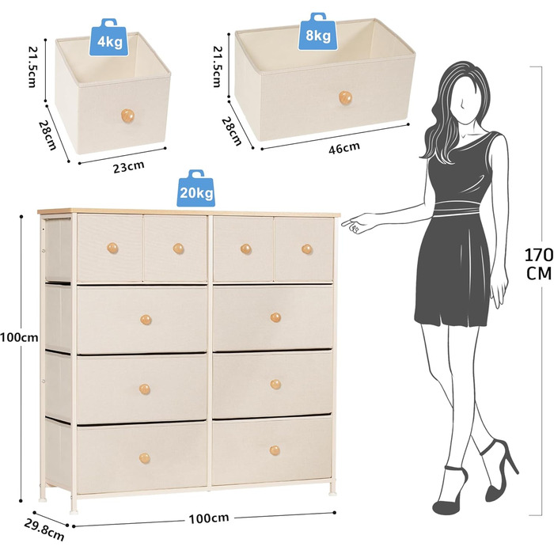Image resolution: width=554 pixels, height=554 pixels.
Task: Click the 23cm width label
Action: (x=128, y=167)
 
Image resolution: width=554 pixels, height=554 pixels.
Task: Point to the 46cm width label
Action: (x=344, y=148)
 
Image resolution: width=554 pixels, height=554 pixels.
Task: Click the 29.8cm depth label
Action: (x=44, y=530)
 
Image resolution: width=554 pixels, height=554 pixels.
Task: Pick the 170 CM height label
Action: (x=538, y=264)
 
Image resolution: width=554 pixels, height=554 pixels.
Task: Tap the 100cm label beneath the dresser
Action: (x=208, y=518)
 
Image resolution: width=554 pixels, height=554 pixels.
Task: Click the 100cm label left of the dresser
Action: (x=19, y=337)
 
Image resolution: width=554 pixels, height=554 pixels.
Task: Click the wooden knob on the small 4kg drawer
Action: (x=127, y=116)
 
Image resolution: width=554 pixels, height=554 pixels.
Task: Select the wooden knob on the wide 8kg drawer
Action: (x=345, y=97)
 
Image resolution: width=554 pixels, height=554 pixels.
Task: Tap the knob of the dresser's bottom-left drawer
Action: (x=145, y=458)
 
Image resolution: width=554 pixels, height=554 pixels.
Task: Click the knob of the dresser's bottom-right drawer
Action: (x=275, y=450)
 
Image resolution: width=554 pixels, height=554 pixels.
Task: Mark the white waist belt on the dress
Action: (x=456, y=208)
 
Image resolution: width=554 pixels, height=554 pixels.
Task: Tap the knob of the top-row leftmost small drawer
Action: (x=112, y=248)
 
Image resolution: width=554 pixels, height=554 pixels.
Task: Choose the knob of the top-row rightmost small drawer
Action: (x=307, y=249)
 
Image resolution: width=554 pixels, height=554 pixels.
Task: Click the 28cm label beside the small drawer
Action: (x=47, y=135)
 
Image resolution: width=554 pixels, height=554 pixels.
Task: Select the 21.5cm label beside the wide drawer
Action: (x=217, y=66)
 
